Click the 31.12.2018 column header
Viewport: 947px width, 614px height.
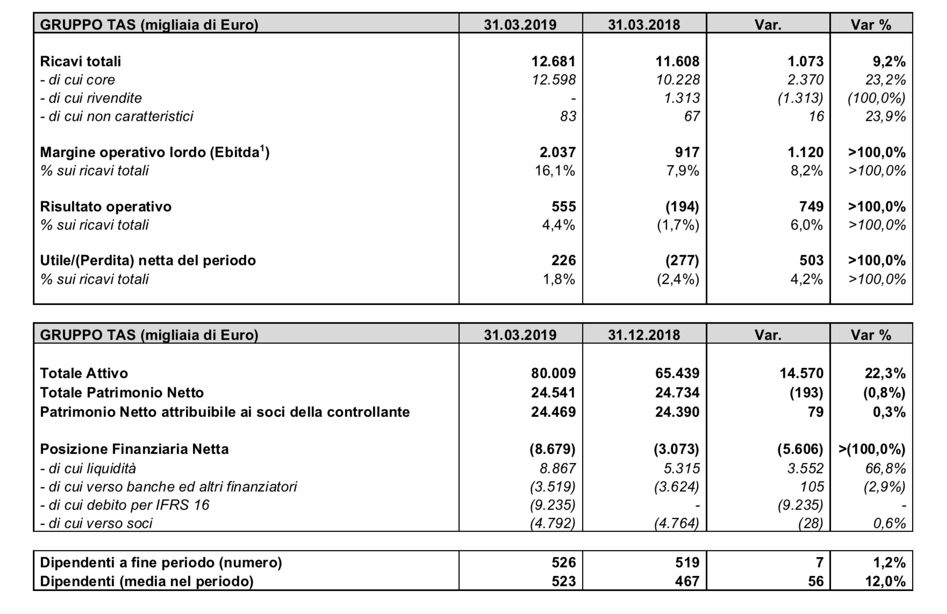tap(644, 335)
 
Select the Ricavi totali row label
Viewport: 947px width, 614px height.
tap(81, 61)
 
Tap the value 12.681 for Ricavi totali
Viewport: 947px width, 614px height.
tap(553, 61)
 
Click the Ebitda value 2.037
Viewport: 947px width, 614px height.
tap(557, 152)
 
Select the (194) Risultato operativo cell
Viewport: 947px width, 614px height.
tap(682, 206)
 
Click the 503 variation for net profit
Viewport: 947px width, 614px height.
tap(811, 261)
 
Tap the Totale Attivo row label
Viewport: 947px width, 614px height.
tap(84, 373)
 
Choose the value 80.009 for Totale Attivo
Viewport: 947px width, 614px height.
tap(553, 373)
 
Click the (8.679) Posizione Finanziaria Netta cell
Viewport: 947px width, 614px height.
tap(553, 449)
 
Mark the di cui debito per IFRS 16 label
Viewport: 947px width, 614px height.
tap(125, 505)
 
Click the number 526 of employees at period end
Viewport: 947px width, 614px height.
tap(563, 562)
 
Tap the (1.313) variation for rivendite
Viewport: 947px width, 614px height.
tap(800, 98)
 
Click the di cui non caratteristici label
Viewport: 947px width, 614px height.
tap(117, 116)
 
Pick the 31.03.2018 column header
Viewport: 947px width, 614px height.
tap(644, 25)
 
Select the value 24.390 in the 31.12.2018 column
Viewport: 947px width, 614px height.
tap(677, 412)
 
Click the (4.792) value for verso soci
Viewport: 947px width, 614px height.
tap(553, 523)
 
